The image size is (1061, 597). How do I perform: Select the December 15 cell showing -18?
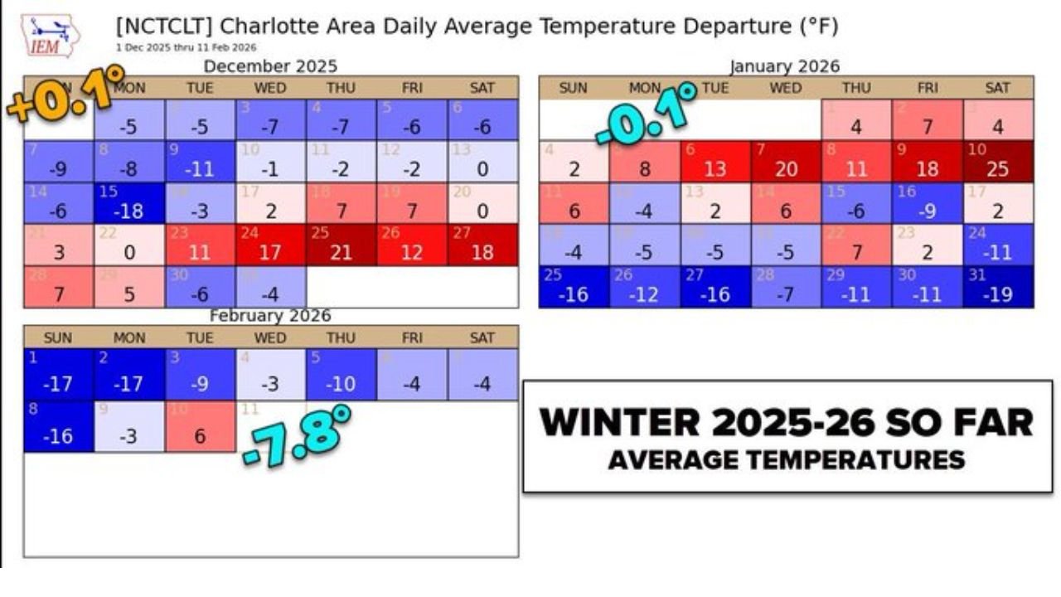(x=129, y=202)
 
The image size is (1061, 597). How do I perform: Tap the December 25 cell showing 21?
(x=342, y=244)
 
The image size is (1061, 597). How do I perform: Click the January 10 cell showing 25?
(x=998, y=161)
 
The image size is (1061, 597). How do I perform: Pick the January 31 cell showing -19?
(x=998, y=286)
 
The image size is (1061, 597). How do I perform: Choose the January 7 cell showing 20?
(x=786, y=161)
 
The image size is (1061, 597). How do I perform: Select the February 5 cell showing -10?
(x=342, y=375)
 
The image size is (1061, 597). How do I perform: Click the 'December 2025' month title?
(x=270, y=66)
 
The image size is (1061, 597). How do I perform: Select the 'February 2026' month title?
(x=270, y=316)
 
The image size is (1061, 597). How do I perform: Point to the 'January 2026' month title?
(x=784, y=66)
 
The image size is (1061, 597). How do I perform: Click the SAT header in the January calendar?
(x=998, y=88)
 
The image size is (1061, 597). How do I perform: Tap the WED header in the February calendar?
(x=270, y=337)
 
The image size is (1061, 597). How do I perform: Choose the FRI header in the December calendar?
(x=412, y=88)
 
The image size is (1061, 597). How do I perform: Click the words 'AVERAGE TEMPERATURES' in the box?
(x=787, y=459)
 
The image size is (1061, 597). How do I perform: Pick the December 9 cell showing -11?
(x=200, y=161)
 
